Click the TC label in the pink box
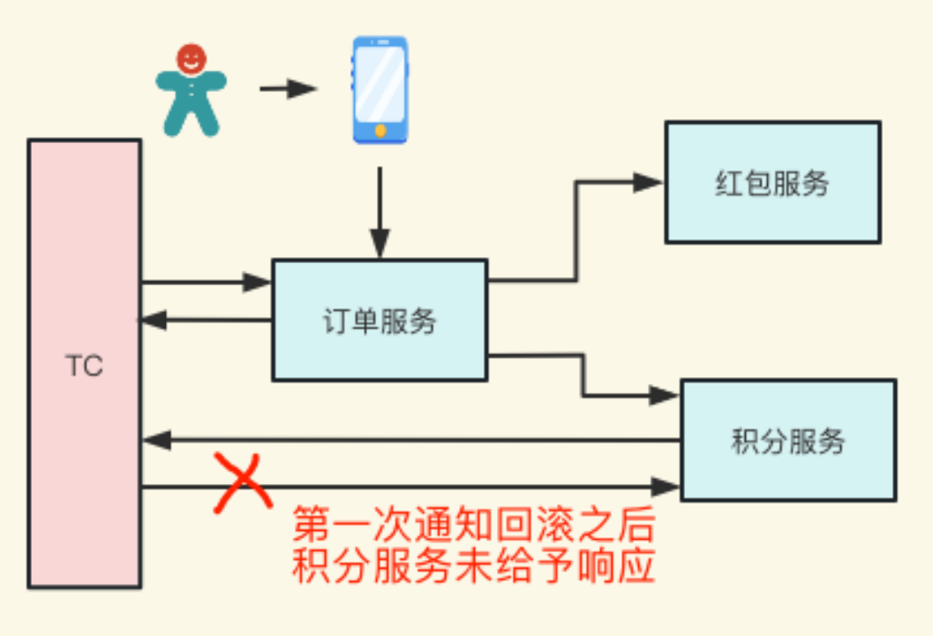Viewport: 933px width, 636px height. tap(84, 365)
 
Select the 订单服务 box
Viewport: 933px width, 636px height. tap(380, 320)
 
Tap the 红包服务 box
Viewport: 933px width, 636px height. tap(773, 182)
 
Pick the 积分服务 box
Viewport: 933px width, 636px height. tap(788, 440)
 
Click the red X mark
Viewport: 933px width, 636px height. tap(243, 482)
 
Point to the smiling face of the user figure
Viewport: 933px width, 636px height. tap(191, 58)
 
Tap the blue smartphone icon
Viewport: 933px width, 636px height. tap(380, 90)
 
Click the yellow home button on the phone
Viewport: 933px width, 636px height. tap(380, 131)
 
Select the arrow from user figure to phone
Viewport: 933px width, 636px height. tap(288, 88)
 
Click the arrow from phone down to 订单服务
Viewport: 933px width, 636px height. tap(380, 213)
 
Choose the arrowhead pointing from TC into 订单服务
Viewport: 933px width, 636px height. tap(258, 282)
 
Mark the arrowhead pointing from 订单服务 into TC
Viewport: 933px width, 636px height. tap(154, 321)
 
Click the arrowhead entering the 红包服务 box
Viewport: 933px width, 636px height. tap(649, 182)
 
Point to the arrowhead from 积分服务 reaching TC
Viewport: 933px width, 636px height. tap(157, 440)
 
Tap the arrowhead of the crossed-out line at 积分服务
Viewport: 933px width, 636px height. tap(666, 487)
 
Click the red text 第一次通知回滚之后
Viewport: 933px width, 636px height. tap(474, 524)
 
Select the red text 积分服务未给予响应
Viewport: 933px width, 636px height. tap(474, 565)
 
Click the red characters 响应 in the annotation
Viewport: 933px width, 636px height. tap(616, 565)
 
